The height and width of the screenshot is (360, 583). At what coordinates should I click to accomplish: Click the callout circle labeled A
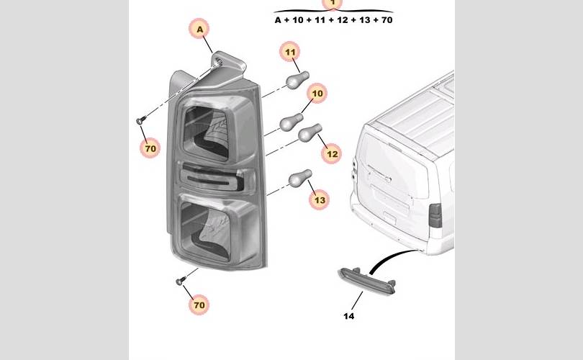tap(199, 29)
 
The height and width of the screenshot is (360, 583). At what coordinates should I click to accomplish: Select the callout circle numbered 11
tap(290, 52)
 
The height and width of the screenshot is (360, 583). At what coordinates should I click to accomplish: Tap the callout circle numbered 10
tap(317, 93)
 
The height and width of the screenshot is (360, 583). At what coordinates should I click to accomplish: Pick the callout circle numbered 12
tap(332, 153)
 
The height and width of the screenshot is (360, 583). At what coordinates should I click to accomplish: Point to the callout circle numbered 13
tap(320, 199)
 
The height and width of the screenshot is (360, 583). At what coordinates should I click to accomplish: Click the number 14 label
tap(349, 316)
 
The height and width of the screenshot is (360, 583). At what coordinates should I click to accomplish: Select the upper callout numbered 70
tap(150, 148)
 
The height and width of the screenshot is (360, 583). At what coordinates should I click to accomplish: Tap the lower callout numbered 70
tap(199, 305)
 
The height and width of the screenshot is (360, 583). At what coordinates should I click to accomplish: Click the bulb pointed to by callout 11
tap(297, 79)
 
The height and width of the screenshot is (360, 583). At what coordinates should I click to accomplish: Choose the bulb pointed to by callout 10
tap(291, 122)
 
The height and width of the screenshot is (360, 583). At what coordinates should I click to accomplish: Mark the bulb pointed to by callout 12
tap(309, 132)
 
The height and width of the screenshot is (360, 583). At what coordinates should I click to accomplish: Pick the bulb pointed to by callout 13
tap(300, 178)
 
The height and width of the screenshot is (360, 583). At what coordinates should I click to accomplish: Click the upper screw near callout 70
tap(141, 120)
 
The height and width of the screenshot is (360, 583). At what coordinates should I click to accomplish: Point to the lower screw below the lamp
tap(181, 280)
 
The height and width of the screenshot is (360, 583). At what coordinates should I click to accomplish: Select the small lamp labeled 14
tap(367, 281)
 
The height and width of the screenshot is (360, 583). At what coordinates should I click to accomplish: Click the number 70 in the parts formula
tap(387, 20)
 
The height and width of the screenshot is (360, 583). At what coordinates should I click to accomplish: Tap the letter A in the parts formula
tap(278, 20)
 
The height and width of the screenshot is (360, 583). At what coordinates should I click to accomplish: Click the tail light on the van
tap(435, 215)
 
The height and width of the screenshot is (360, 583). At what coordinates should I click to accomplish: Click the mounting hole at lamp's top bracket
tap(219, 62)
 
